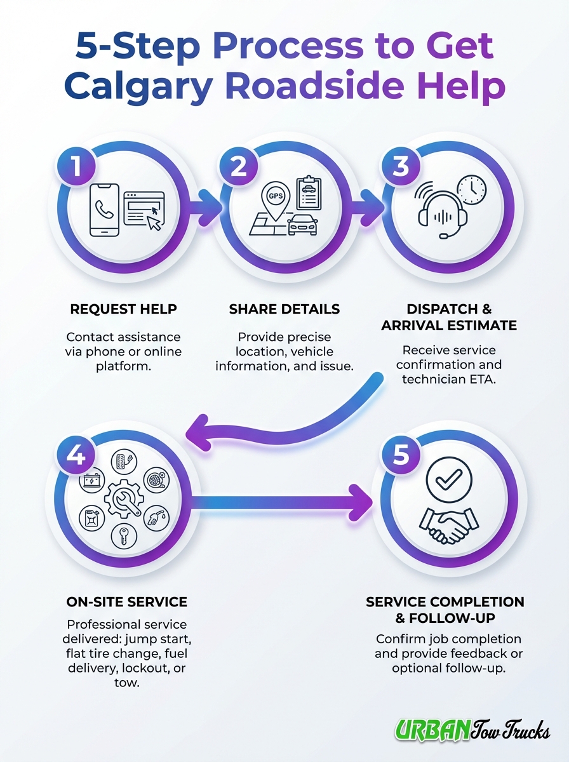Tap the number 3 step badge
tap(400, 166)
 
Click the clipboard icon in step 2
tap(309, 194)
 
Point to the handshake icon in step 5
tap(446, 526)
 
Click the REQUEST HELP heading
tap(123, 310)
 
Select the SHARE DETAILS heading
tap(284, 310)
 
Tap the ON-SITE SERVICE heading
tap(126, 601)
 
